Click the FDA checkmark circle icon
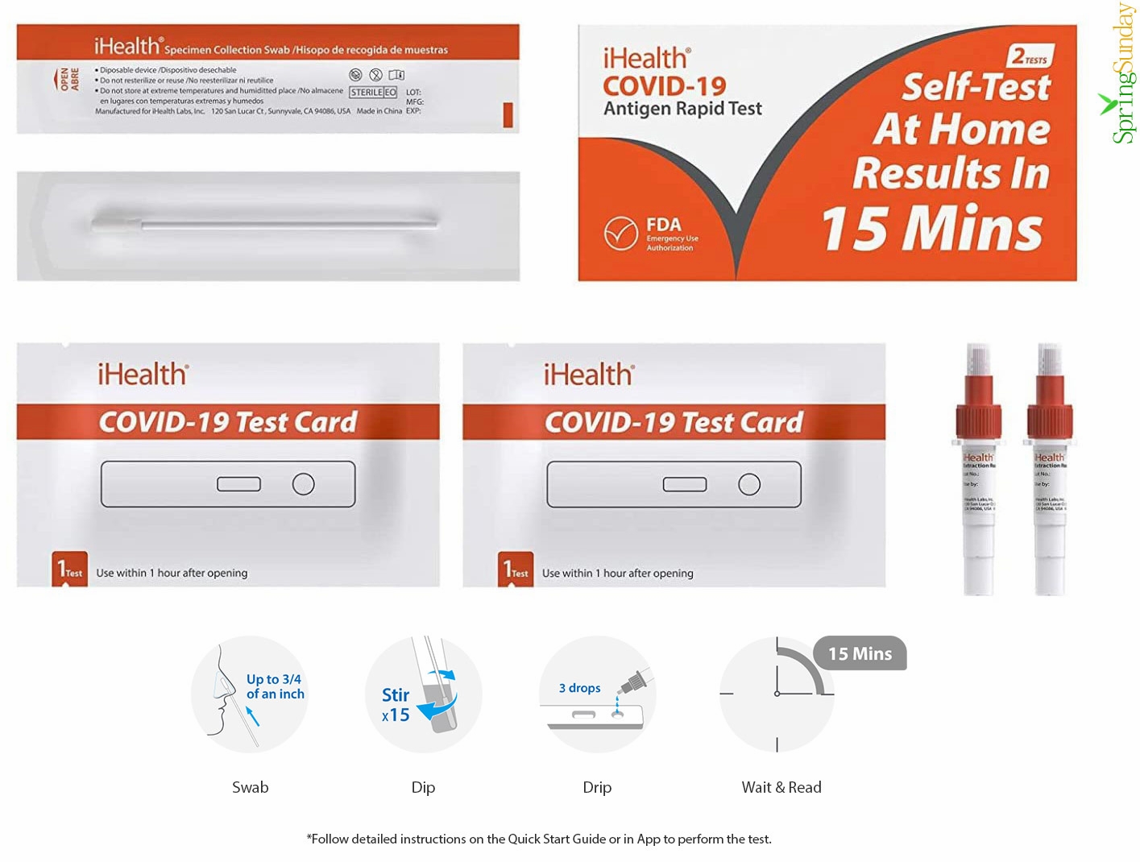(620, 234)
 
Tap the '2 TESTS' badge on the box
(1030, 56)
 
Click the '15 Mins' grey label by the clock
(860, 653)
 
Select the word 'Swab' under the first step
(250, 787)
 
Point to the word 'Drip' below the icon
(597, 787)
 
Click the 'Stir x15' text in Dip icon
(396, 704)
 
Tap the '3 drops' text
(579, 688)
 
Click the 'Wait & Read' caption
(781, 787)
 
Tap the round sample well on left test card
(303, 484)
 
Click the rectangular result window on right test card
(684, 484)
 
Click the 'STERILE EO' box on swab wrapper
(373, 93)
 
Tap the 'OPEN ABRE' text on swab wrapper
(68, 79)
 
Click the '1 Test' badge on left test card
(69, 570)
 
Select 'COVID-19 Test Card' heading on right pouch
(674, 422)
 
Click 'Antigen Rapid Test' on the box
(682, 108)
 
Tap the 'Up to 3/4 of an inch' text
(275, 686)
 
